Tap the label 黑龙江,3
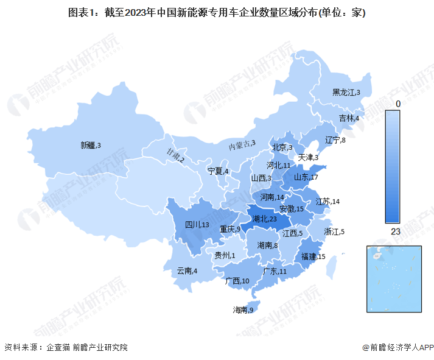(346, 93)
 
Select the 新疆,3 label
(90, 145)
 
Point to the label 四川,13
(198, 225)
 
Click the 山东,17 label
(306, 177)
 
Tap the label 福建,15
(314, 256)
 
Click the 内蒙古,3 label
(242, 145)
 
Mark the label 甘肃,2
(173, 157)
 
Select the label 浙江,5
(335, 231)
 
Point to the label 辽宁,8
(335, 140)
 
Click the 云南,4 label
(187, 271)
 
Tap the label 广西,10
(237, 281)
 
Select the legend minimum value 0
(398, 104)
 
